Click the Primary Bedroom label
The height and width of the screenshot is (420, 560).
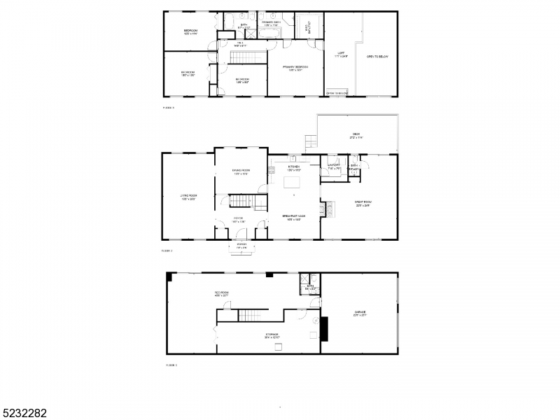coord(294,68)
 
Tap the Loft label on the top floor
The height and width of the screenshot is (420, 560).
coord(341,54)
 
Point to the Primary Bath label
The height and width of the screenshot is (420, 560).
coord(272,23)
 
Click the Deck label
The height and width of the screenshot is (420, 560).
coord(357,136)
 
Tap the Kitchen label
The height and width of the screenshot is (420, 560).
coord(294,167)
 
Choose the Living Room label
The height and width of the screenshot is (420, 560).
coord(188,197)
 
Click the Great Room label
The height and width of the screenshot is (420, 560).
coord(363,204)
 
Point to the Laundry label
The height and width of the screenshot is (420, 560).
coord(334,167)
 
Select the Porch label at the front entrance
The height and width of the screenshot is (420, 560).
coord(241,245)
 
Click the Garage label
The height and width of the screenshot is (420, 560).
coord(360,314)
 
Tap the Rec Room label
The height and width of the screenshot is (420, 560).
coord(222,294)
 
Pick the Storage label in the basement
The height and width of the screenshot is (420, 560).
coord(271,335)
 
